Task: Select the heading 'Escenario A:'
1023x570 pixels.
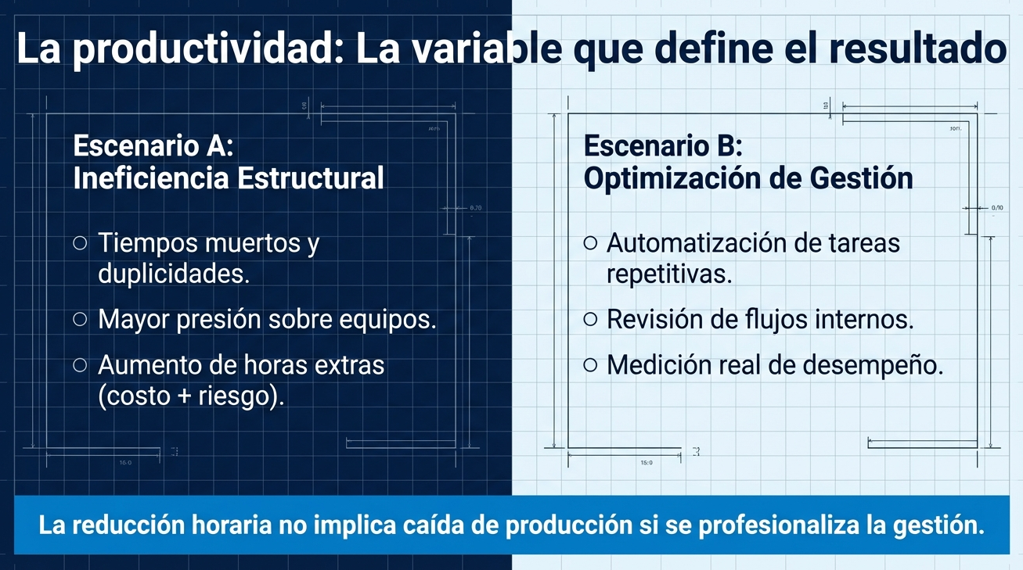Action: coord(153,145)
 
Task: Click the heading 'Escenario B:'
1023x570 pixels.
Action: coord(663,146)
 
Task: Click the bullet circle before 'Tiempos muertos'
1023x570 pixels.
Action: coord(80,243)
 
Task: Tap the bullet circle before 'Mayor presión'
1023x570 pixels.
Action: coord(80,319)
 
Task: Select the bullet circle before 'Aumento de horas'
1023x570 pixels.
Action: coord(80,365)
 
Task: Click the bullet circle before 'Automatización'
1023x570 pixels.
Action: coord(590,243)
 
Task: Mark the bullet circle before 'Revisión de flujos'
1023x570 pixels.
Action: coord(590,319)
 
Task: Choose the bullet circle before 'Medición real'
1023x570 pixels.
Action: coord(590,365)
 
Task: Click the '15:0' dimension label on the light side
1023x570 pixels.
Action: coord(647,463)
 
